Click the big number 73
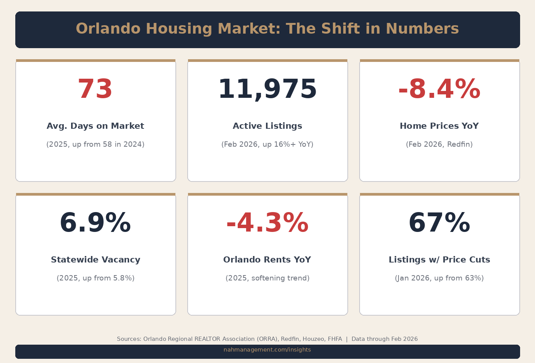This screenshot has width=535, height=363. pos(95,89)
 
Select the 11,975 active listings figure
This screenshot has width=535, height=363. pos(267,89)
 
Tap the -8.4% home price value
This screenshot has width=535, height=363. pos(439,89)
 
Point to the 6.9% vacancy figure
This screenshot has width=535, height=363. pos(95,223)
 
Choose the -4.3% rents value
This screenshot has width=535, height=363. pos(267,223)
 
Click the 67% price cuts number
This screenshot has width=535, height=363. pos(439,223)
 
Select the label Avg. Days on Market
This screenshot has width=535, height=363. pos(95,126)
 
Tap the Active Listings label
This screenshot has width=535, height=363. pos(267,126)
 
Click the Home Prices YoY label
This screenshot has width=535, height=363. pos(439,126)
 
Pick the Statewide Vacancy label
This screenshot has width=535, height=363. pos(96,260)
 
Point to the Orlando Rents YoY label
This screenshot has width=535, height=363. pos(267,260)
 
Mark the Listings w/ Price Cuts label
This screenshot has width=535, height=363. pos(439,260)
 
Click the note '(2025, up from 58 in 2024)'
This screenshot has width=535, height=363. pos(95,144)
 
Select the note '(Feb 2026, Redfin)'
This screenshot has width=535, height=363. pos(439,144)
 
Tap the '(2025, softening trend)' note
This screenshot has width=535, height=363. pos(267,278)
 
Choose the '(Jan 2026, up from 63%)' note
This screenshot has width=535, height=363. pos(439,278)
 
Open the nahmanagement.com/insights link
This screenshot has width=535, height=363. pos(267,350)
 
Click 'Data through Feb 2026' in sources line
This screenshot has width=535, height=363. pos(384,339)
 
